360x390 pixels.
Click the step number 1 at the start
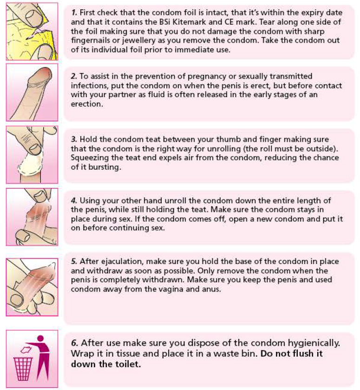pos(74,13)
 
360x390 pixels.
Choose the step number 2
pos(74,76)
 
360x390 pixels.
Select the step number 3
pos(74,139)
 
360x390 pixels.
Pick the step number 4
pos(74,200)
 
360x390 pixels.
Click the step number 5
pos(74,261)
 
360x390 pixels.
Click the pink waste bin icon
pos(23,369)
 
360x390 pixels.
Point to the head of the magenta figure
pos(40,338)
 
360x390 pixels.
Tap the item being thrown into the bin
pos(26,350)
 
